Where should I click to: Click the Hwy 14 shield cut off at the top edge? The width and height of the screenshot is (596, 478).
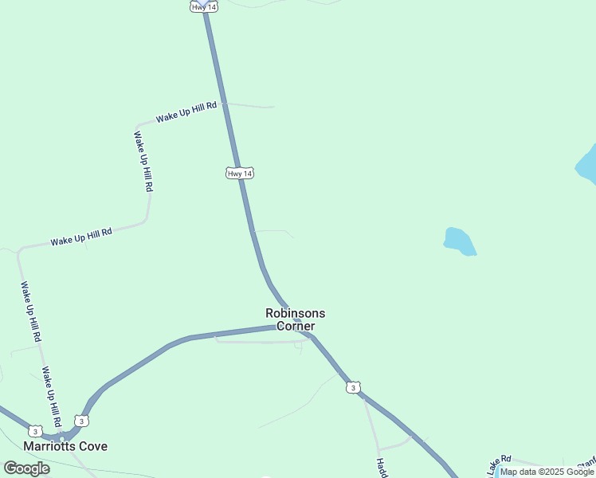pyautogui.click(x=200, y=6)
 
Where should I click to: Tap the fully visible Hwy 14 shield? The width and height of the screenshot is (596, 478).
pyautogui.click(x=240, y=173)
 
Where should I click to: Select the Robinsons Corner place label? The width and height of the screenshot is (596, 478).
pyautogui.click(x=296, y=319)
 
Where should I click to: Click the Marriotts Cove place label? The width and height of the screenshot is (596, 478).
pyautogui.click(x=65, y=446)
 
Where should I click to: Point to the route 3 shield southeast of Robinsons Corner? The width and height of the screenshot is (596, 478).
pyautogui.click(x=353, y=387)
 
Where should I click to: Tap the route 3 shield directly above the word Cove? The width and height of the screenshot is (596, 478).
pyautogui.click(x=80, y=421)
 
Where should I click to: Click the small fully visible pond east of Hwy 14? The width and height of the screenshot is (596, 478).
pyautogui.click(x=459, y=241)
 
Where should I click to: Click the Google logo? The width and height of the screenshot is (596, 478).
pyautogui.click(x=26, y=468)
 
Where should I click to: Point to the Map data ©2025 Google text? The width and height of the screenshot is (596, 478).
pyautogui.click(x=547, y=472)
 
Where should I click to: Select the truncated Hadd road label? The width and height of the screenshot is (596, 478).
pyautogui.click(x=382, y=467)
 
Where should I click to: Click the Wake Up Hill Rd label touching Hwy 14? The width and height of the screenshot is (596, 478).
pyautogui.click(x=186, y=112)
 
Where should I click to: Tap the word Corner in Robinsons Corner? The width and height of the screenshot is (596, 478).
pyautogui.click(x=296, y=326)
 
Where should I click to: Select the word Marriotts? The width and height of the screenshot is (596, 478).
pyautogui.click(x=49, y=446)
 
